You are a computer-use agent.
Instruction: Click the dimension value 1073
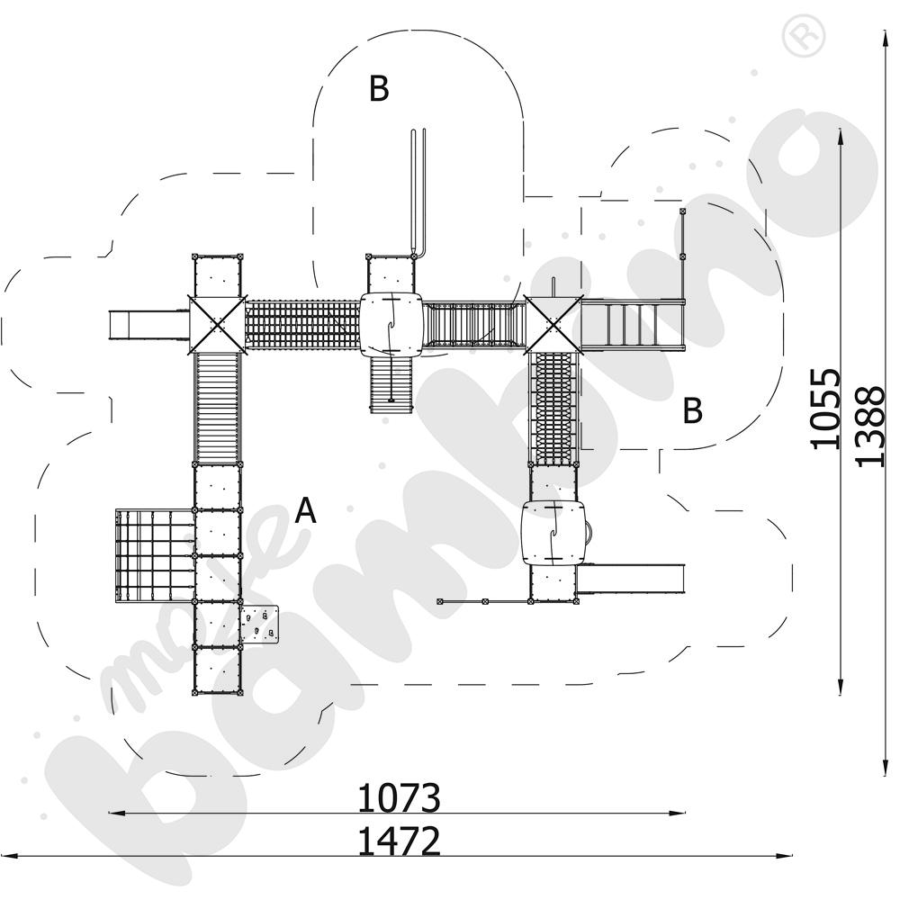pyautogui.click(x=400, y=797)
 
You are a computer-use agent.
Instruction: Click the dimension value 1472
pyautogui.click(x=400, y=841)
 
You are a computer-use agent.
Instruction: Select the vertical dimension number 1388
pyautogui.click(x=869, y=427)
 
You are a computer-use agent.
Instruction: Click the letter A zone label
pyautogui.click(x=306, y=511)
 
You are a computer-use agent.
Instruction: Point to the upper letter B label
pyautogui.click(x=379, y=88)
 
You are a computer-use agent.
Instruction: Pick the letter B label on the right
pyautogui.click(x=691, y=410)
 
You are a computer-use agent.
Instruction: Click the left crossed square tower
pyautogui.click(x=217, y=324)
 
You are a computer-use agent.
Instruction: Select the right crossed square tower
pyautogui.click(x=553, y=324)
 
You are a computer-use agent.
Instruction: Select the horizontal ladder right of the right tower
pyautogui.click(x=632, y=324)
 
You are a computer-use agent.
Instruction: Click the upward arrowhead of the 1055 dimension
pyautogui.click(x=841, y=134)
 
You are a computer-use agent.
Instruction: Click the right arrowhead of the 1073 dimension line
pyautogui.click(x=680, y=814)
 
